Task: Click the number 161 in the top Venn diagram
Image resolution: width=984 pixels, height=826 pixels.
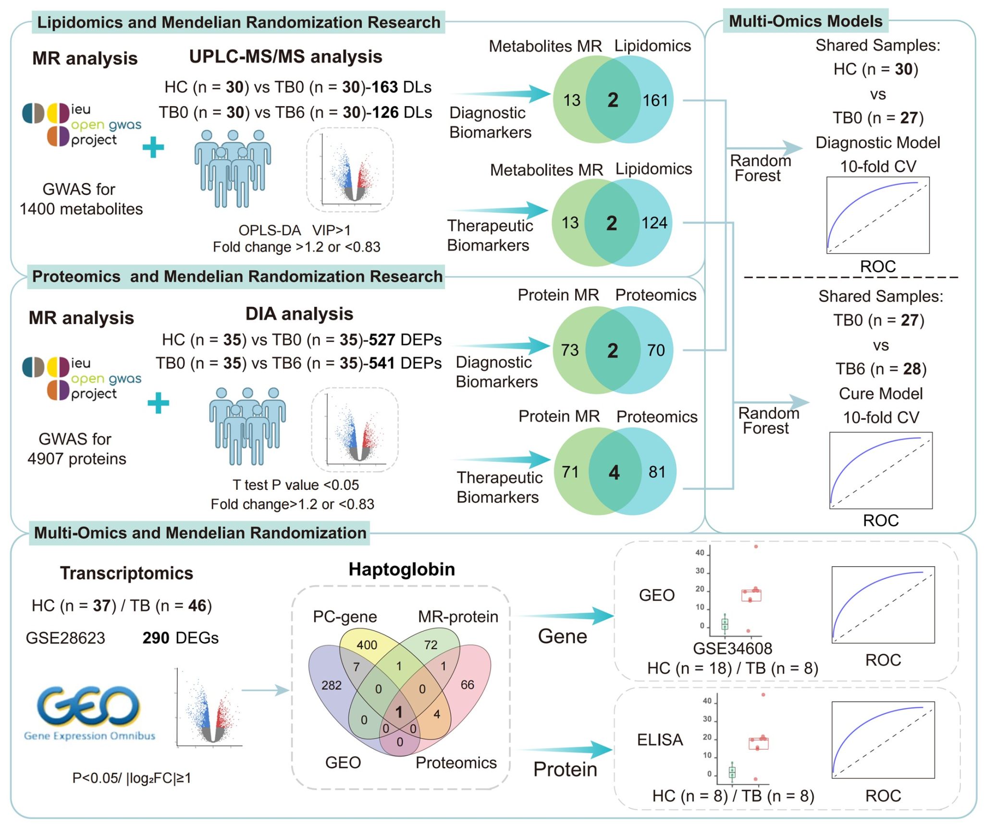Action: pos(655,100)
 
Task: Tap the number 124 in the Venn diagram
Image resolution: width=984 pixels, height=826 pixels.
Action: pos(654,223)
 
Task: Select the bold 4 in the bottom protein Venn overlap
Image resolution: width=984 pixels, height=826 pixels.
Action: pos(614,473)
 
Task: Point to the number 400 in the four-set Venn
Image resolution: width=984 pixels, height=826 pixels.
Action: pos(367,645)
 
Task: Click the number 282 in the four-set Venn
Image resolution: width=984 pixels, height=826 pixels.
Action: pos(332,685)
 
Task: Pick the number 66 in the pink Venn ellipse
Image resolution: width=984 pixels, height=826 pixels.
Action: pos(467,685)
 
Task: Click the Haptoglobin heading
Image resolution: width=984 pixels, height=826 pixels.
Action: pos(402,569)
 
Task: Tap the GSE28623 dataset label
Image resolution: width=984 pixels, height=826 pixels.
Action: pos(65,638)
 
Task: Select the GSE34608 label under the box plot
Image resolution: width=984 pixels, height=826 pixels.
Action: pos(732,648)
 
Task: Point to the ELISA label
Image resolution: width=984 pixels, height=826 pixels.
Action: pos(660,740)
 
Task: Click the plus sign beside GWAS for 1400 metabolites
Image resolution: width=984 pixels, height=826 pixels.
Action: pos(153,147)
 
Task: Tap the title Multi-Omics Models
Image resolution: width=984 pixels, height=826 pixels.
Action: pos(806,21)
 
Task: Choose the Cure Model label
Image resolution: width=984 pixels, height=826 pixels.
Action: pos(881,393)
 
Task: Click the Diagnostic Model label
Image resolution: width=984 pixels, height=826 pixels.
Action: pos(878,143)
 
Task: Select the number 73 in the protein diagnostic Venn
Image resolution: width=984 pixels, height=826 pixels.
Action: pos(570,350)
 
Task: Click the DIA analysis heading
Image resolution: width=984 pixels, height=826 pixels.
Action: pos(299,314)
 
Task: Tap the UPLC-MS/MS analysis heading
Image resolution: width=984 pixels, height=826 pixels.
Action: pos(285,57)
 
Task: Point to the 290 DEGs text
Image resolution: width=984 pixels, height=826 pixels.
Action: pos(180,638)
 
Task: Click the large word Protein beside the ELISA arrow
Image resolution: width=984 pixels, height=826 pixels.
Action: pos(565,769)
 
